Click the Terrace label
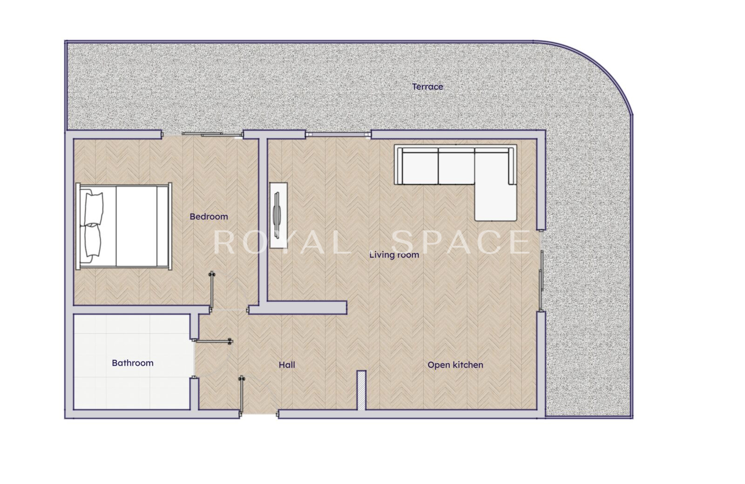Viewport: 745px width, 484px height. pos(427,86)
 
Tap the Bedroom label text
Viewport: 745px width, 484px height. pos(209,217)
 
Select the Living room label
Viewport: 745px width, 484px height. pos(394,255)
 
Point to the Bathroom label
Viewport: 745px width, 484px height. pos(133,363)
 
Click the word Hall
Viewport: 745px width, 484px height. pos(287,365)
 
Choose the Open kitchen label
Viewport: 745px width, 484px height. pos(455,365)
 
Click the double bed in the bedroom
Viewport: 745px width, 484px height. pos(124,226)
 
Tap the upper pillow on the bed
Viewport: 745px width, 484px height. pos(94,208)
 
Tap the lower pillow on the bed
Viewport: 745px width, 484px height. pos(93,241)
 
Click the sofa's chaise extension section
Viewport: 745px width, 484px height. pos(495,203)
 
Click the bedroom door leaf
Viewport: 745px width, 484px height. pos(211,292)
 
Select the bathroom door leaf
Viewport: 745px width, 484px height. pos(213,341)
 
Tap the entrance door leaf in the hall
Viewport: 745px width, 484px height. pos(242,396)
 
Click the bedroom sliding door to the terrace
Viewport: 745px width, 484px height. pos(202,134)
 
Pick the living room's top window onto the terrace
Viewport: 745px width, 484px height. pos(338,134)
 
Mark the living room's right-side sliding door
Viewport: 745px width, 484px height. pos(542,271)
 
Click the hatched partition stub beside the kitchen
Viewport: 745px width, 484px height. pos(361,391)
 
